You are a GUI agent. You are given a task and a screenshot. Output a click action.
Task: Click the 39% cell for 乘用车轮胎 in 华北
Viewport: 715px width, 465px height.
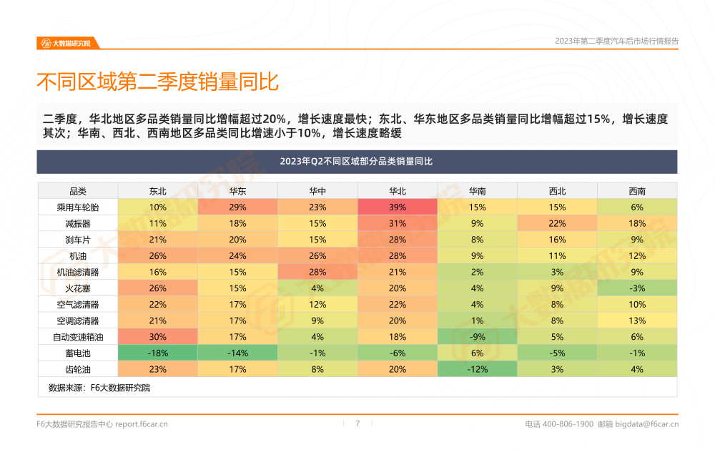[398, 207]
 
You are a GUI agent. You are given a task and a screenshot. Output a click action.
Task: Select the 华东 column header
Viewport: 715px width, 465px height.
[238, 191]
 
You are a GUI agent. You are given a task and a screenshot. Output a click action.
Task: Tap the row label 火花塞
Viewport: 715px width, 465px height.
[77, 288]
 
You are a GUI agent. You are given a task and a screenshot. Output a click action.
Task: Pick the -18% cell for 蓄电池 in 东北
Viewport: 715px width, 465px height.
[158, 353]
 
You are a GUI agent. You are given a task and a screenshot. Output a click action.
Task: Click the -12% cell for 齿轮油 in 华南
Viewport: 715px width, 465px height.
[477, 369]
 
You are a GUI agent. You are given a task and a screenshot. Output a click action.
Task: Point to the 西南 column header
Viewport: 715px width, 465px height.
[637, 191]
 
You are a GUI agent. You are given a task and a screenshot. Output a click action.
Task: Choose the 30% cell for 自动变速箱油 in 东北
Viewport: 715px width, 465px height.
[158, 337]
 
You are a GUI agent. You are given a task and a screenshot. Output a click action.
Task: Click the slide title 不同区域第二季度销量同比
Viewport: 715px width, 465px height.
[157, 82]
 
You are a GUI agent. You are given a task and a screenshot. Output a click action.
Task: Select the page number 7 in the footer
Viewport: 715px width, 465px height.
[357, 424]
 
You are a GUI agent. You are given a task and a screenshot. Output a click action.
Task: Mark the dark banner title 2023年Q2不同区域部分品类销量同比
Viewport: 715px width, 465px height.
[357, 162]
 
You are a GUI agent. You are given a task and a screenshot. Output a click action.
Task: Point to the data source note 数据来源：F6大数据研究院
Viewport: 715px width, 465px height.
[99, 388]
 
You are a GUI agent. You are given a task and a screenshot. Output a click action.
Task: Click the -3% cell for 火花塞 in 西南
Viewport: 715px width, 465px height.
[637, 288]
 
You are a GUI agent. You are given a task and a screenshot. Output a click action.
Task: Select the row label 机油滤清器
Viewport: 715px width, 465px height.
[77, 272]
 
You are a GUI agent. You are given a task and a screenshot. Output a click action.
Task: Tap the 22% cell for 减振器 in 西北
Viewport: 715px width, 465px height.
[557, 223]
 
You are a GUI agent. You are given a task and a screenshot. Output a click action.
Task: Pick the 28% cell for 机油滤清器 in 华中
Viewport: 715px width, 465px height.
[317, 272]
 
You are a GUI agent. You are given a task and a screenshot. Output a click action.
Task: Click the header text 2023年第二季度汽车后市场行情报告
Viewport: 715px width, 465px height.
[616, 41]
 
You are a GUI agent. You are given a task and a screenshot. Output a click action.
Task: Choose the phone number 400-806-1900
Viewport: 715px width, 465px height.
[568, 424]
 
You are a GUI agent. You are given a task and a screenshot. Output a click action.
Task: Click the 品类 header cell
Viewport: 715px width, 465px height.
[77, 191]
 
